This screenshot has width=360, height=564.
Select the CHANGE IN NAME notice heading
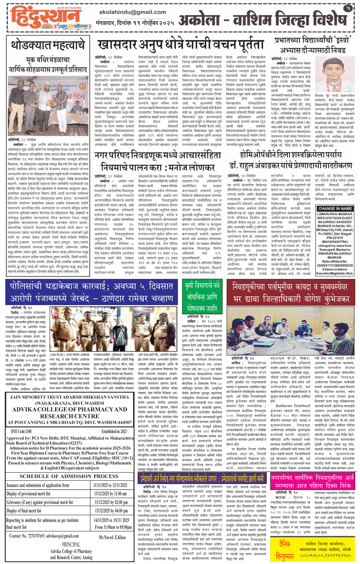[x=335, y=209]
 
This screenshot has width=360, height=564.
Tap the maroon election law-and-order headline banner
[x=290, y=292]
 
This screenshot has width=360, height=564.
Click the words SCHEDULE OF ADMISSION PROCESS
[x=69, y=476]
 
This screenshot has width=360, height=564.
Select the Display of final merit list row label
[x=24, y=511]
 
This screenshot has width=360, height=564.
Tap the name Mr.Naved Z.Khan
[x=112, y=538]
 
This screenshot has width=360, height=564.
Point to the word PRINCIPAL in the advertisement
[x=71, y=545]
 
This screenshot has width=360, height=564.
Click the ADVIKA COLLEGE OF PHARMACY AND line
[x=69, y=409]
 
